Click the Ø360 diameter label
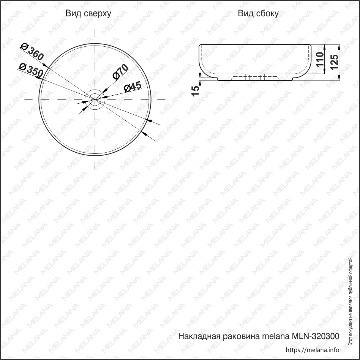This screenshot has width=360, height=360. click(x=32, y=52)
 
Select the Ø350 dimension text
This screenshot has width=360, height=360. click(x=31, y=70)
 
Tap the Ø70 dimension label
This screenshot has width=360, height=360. click(x=120, y=72)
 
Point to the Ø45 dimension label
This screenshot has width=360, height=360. click(x=133, y=87)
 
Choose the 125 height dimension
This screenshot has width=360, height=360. click(x=334, y=62)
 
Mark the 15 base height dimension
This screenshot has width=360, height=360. click(x=196, y=91)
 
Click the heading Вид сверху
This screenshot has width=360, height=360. click(x=88, y=13)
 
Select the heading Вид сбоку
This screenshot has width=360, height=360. click(x=258, y=13)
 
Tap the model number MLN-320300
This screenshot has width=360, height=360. click(x=315, y=336)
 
